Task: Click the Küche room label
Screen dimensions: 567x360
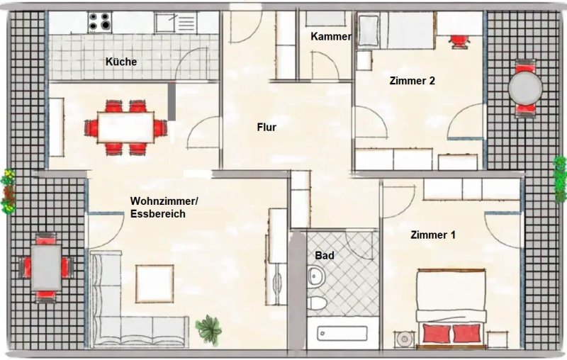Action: (121, 62)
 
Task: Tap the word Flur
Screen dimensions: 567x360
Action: (267, 128)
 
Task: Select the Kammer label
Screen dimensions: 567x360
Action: (331, 36)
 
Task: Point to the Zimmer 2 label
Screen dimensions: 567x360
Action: (412, 81)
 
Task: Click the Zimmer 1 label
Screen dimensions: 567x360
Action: (433, 235)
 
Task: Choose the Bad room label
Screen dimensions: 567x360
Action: (325, 256)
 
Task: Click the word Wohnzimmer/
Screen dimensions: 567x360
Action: (164, 201)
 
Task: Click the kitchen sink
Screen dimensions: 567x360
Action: (176, 23)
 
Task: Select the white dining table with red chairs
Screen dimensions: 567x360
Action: (126, 128)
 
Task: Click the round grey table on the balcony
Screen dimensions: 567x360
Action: (525, 88)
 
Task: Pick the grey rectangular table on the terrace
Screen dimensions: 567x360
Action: (46, 267)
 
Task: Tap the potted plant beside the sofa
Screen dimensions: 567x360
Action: (208, 330)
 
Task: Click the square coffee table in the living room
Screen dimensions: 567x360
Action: (155, 283)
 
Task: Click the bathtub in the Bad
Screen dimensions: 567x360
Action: (342, 333)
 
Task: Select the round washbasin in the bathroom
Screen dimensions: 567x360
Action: (316, 276)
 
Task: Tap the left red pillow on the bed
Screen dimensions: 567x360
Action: (437, 333)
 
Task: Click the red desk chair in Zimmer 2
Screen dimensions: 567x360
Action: (459, 41)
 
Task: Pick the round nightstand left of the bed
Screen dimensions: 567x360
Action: (405, 339)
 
